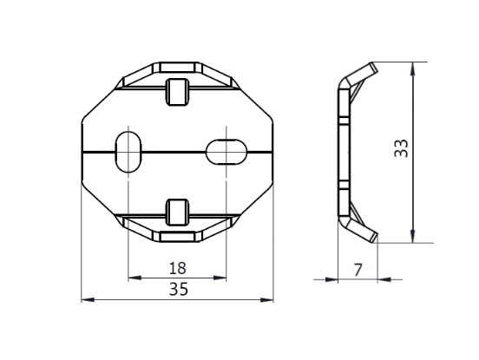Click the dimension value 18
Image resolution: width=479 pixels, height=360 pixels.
tap(178, 268)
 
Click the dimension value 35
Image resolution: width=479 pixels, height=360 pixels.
tap(179, 289)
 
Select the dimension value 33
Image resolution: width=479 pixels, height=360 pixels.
tap(401, 148)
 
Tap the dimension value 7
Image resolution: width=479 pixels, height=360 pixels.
tap(358, 270)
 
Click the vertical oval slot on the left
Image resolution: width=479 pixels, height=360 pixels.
tap(128, 152)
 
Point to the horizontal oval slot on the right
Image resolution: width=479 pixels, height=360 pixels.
tap(226, 152)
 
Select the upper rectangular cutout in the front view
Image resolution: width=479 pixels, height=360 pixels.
tap(177, 92)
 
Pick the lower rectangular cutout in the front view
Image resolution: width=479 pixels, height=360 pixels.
tap(177, 213)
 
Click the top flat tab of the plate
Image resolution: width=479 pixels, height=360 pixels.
tap(178, 68)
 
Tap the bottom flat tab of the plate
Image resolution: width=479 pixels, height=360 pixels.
tap(178, 237)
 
